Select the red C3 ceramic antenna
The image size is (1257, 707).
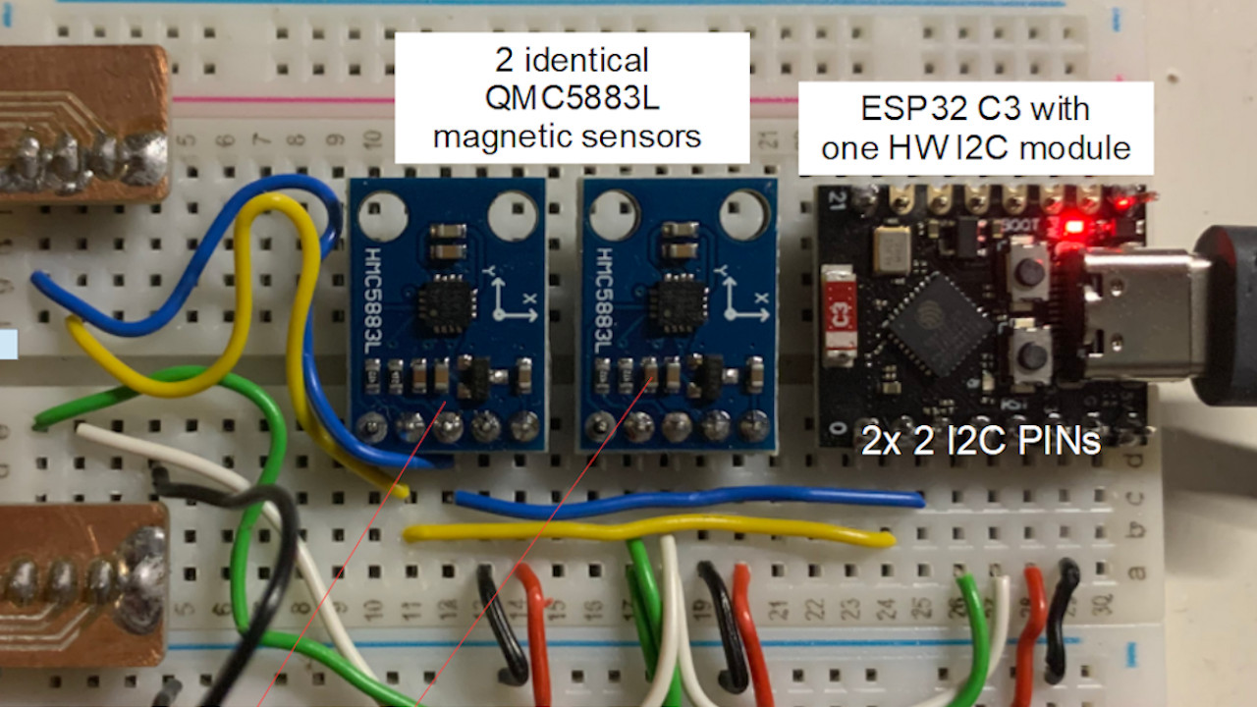tap(837, 315)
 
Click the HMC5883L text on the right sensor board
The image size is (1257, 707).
tap(600, 299)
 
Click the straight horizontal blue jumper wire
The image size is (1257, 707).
tap(687, 501)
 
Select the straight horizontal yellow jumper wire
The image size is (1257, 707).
tap(648, 531)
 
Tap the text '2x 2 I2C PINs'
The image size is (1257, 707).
tap(980, 442)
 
